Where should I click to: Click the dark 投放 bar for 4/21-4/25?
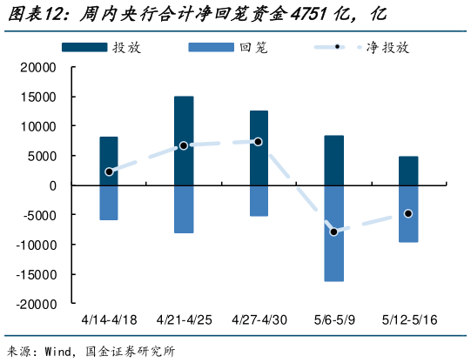[x=184, y=140]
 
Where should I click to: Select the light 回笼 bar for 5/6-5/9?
[x=334, y=232]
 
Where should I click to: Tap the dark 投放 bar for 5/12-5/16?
[x=409, y=171]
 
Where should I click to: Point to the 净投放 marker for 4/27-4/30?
[x=259, y=141]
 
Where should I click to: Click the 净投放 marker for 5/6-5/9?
[x=334, y=232]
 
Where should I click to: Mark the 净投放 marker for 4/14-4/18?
[x=109, y=172]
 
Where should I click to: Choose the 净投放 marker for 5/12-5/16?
[x=409, y=213]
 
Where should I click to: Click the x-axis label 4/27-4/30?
[x=259, y=320]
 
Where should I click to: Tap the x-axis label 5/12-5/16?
[x=409, y=320]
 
